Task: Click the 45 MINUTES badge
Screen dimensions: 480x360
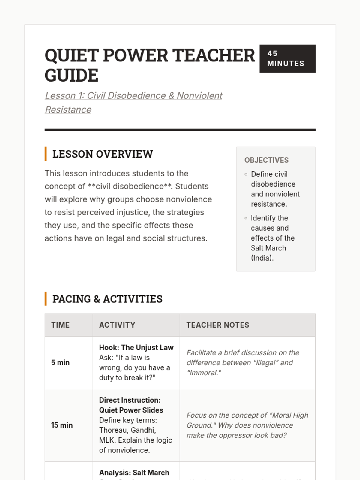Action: coord(287,58)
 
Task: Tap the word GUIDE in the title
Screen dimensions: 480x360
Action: coord(71,75)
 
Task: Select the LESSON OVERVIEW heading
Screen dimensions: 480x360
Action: coord(103,154)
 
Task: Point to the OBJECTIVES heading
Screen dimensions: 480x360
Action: coord(266,160)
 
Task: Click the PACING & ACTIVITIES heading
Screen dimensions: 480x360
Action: coord(107,299)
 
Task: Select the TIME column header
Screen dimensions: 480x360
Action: coord(60,325)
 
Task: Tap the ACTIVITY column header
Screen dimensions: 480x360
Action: coord(117,325)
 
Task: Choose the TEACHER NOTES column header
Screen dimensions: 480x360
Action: coord(217,325)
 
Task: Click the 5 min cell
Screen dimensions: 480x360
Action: coord(60,362)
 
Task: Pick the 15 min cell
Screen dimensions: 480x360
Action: coord(62,425)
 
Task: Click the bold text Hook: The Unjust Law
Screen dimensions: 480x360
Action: coord(136,347)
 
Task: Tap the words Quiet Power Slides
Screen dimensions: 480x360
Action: coord(131,410)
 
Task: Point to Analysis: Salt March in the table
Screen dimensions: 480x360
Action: coord(134,472)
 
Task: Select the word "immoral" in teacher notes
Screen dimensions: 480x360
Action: coord(204,373)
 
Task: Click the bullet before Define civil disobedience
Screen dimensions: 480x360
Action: coord(246,174)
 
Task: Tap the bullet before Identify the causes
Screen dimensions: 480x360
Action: coord(246,218)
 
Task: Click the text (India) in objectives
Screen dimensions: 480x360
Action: coord(262,258)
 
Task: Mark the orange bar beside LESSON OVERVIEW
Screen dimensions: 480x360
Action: coord(46,154)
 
